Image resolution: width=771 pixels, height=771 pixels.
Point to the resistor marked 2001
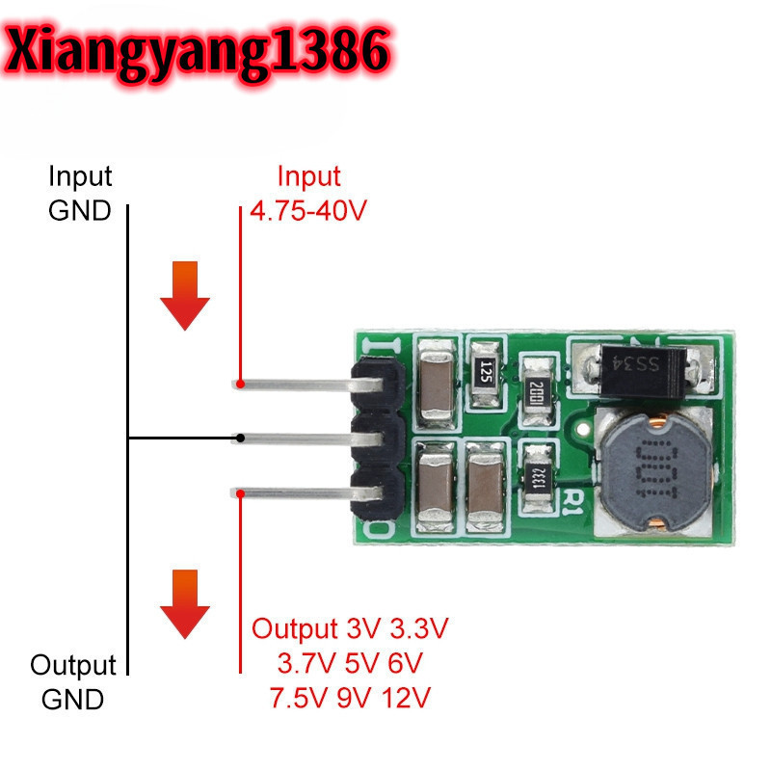537,389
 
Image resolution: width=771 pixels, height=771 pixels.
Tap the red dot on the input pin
240,384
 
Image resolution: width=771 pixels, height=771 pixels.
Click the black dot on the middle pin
240,439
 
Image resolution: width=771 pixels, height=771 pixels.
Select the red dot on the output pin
240,493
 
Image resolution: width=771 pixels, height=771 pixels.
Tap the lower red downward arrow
184,603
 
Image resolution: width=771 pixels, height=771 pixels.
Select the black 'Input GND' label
80,194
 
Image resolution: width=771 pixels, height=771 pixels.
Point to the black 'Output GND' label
72,681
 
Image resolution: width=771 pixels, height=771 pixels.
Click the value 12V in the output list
406,696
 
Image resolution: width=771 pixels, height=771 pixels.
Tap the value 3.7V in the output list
303,663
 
